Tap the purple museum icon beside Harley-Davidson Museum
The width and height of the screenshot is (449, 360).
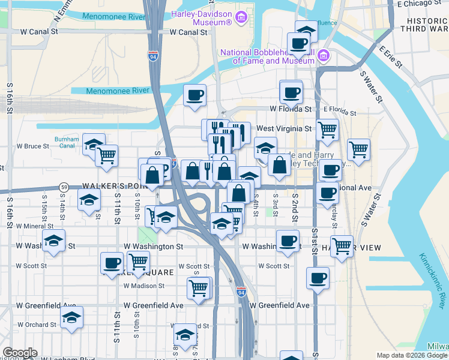(241, 16)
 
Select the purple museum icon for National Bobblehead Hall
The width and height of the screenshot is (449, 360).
(324, 56)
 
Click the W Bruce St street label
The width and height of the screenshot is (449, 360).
(32, 146)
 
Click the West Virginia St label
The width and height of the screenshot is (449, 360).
(284, 128)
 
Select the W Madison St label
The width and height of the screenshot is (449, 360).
(143, 286)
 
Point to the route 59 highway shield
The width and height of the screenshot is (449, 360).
(64, 187)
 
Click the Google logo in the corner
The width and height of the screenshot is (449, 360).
(19, 353)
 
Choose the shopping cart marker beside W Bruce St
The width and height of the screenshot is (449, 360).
(106, 155)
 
